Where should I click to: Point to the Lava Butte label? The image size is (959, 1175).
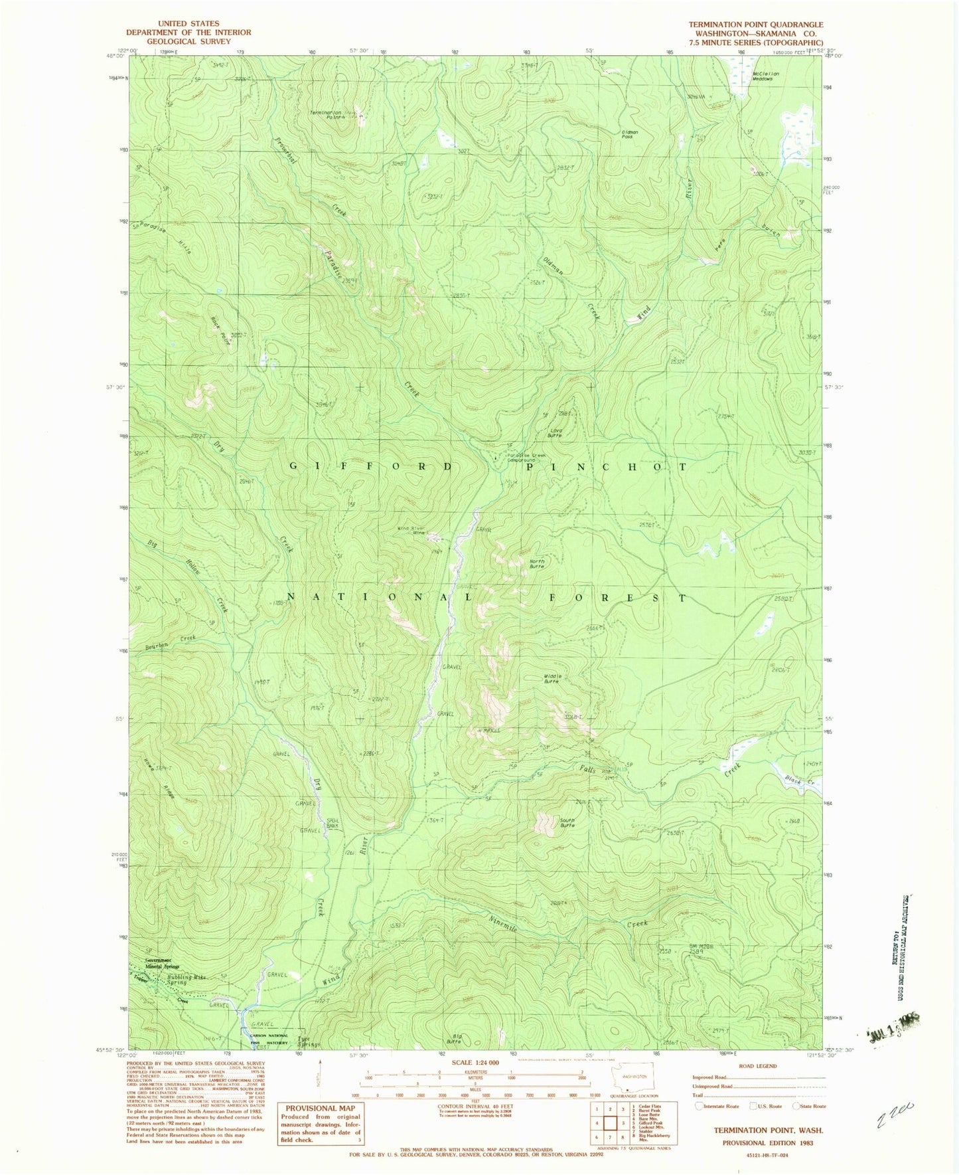pos(557,433)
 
